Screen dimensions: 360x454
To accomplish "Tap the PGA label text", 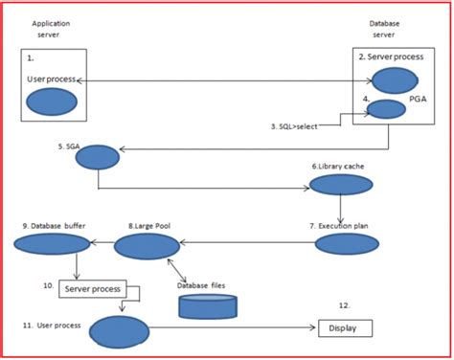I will tap(416, 100).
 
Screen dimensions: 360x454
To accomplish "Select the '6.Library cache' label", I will tap(337, 166).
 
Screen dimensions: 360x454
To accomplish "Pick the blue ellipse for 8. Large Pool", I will tap(147, 248).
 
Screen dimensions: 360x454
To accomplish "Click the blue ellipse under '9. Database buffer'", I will tap(46, 247).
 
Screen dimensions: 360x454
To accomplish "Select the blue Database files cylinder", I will tap(207, 304).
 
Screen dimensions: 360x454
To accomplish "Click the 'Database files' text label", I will tap(204, 285).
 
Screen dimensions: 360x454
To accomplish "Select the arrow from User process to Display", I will tap(235, 329).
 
